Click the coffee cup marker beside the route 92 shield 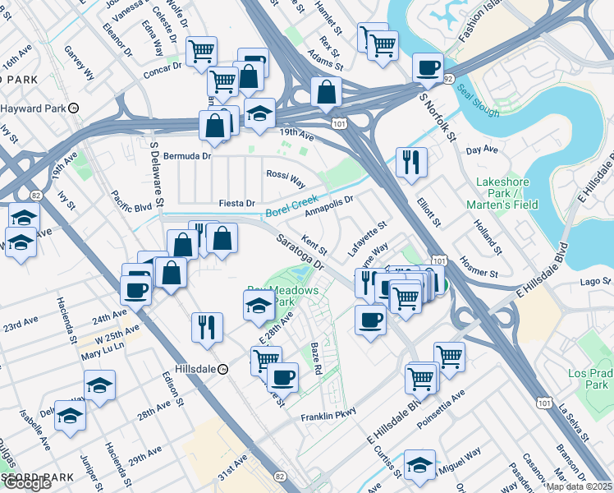click(x=428, y=67)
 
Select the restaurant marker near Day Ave click(x=410, y=160)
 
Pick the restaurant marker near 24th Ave click(x=206, y=326)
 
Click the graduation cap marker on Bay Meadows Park click(x=259, y=306)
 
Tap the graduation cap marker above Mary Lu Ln click(x=99, y=385)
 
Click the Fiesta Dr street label click(x=237, y=203)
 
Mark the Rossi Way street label click(x=285, y=174)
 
